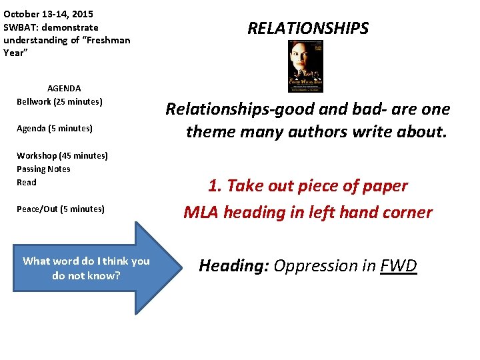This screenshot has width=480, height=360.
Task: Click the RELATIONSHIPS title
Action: pos(307,29)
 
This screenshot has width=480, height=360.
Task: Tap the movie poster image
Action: pos(305,66)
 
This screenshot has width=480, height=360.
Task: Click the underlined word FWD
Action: pos(399,266)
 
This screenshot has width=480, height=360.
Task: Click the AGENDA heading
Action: pos(64,88)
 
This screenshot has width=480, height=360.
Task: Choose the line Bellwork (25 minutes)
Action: pos(59,101)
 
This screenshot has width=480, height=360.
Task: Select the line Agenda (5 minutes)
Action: pos(55,128)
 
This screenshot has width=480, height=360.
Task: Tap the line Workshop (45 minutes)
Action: pos(62,155)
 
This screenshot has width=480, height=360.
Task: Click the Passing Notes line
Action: pos(43,169)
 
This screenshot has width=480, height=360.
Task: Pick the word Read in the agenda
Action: pos(27,182)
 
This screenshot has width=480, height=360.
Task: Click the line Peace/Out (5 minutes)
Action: pos(61,209)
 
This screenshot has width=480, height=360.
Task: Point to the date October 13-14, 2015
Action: pos(48,13)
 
